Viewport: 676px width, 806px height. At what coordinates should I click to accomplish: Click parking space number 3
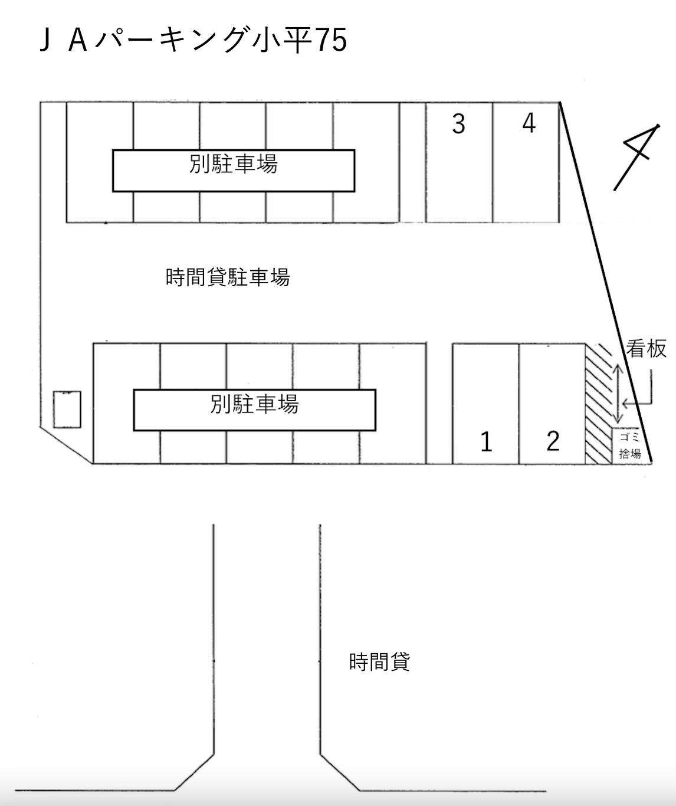(459, 162)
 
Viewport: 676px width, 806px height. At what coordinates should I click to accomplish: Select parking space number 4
(526, 162)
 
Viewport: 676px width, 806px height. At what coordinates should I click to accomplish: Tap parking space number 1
(486, 404)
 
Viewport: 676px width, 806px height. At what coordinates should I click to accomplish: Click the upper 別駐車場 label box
(234, 171)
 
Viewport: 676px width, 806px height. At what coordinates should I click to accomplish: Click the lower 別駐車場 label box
(255, 410)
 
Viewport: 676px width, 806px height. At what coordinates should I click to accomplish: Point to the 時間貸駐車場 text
(228, 277)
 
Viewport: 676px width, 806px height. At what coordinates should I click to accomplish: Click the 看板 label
(647, 349)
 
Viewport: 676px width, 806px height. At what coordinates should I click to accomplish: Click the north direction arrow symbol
(636, 157)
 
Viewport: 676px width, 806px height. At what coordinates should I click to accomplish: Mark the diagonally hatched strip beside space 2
(599, 404)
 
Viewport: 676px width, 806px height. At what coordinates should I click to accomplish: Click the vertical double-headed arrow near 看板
(618, 394)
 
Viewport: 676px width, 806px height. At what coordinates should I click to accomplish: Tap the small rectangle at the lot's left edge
(67, 409)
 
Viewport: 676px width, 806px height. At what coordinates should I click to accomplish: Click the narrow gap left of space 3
(413, 162)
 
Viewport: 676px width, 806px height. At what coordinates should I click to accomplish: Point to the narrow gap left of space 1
(439, 404)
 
